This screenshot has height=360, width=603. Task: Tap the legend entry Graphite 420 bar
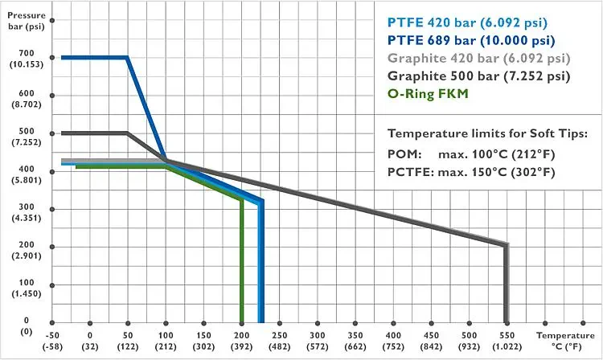pos(478,58)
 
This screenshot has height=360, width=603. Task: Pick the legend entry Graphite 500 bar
pos(478,76)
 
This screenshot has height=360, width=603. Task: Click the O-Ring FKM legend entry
pos(428,94)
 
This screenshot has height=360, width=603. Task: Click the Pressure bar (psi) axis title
pos(20,18)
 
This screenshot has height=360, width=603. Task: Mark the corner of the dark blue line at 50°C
pos(127,57)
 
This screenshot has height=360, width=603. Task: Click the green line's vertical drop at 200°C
pos(241,265)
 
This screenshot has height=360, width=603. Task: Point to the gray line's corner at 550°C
pos(506,245)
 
